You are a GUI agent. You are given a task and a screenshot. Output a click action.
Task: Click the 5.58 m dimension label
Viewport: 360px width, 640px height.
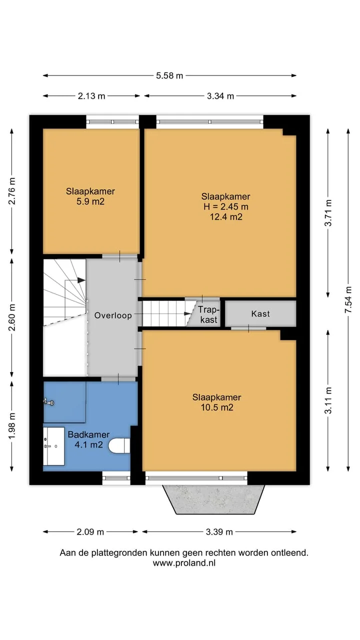pos(169,75)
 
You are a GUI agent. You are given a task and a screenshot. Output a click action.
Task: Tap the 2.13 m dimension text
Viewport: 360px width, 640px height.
pos(91,96)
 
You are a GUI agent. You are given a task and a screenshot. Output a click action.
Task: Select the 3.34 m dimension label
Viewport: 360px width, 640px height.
pos(220,96)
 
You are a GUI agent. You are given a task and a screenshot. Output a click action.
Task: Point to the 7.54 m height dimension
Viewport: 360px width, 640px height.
pos(348,299)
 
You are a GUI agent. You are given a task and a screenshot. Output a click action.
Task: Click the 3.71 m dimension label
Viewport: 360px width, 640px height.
pos(328,213)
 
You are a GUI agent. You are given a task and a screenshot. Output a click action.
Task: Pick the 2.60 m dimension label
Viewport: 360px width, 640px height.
pos(12,317)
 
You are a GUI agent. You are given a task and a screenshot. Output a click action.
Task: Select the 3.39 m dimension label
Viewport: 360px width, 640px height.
pos(219,532)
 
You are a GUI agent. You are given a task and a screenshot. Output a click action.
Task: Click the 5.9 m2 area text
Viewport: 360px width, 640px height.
pos(90,201)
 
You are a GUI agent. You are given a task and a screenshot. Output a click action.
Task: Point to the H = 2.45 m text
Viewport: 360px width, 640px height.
pos(225,206)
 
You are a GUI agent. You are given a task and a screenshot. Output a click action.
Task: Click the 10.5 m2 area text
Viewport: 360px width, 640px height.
pos(217,407)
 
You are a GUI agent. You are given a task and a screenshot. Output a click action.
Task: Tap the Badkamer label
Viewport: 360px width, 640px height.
pos(88,434)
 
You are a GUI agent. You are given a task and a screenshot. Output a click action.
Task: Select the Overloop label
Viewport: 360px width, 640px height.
pos(113,315)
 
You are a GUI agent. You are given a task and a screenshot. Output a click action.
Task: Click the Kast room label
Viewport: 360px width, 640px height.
pos(260,313)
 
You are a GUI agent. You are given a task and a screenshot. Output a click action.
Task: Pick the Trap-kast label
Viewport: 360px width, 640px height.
pos(209,314)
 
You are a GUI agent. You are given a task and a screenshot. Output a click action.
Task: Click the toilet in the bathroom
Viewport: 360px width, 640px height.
pos(119,446)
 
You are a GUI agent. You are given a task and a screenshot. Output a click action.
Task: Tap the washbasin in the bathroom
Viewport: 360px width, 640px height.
pos(53,446)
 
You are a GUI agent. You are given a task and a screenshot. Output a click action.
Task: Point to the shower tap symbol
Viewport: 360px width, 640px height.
pos(48,402)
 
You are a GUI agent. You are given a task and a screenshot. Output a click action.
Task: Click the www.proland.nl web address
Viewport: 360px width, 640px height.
pos(184,563)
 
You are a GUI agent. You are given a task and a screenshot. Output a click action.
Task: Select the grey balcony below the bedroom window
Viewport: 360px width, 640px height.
pos(213,499)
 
